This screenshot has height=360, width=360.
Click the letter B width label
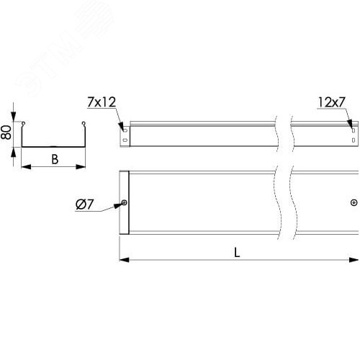click(55, 159)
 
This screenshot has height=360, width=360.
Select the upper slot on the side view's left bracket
click(125, 130)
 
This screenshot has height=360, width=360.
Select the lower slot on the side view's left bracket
click(125, 140)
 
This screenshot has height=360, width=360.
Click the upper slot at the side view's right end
click(353, 130)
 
